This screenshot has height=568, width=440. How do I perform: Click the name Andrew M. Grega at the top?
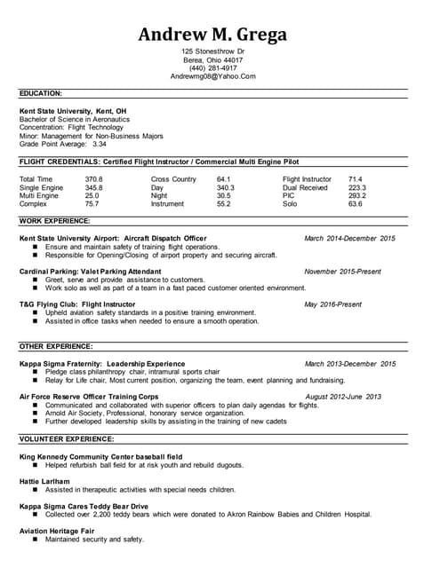[212, 35]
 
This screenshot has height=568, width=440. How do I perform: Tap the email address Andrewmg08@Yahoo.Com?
[212, 77]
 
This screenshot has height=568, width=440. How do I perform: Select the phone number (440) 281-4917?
[212, 68]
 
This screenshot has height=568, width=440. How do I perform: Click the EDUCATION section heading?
[41, 92]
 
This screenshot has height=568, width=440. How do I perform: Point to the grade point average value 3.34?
[100, 144]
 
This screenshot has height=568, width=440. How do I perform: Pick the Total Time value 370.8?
[94, 179]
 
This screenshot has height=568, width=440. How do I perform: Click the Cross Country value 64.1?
[224, 179]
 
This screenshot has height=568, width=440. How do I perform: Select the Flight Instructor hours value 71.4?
[355, 179]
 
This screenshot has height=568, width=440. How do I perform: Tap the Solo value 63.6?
[355, 204]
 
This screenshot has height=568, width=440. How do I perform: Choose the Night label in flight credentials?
[159, 196]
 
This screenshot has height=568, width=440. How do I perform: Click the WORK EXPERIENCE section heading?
[54, 220]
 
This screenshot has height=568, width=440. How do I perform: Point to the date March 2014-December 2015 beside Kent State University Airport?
[349, 239]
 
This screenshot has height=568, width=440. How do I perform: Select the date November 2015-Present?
[342, 272]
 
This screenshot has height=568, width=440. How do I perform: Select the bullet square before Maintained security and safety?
[35, 540]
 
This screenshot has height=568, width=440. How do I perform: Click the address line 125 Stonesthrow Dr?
[212, 51]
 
